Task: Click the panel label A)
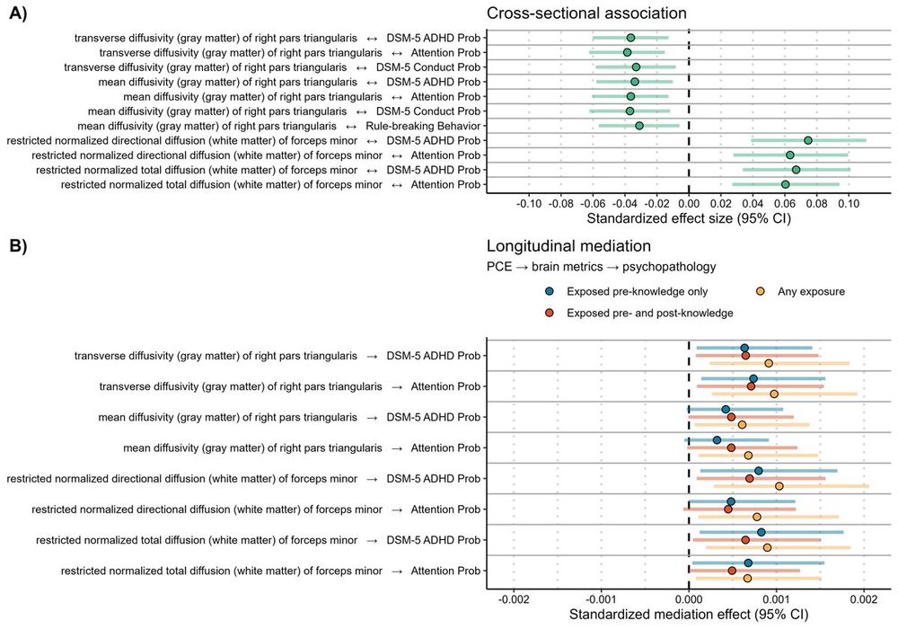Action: [x=20, y=15]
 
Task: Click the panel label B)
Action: [x=20, y=246]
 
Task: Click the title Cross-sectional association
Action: [x=586, y=13]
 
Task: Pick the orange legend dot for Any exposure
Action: [x=761, y=291]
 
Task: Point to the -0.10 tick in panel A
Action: [x=529, y=202]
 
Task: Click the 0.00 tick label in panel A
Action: [x=689, y=202]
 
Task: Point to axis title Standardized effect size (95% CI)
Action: [x=689, y=218]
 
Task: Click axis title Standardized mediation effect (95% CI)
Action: [x=689, y=616]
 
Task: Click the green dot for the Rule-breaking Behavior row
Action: [x=639, y=126]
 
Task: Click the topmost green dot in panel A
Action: [x=630, y=38]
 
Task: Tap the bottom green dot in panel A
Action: [x=786, y=184]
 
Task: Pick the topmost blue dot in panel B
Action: [x=744, y=348]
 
